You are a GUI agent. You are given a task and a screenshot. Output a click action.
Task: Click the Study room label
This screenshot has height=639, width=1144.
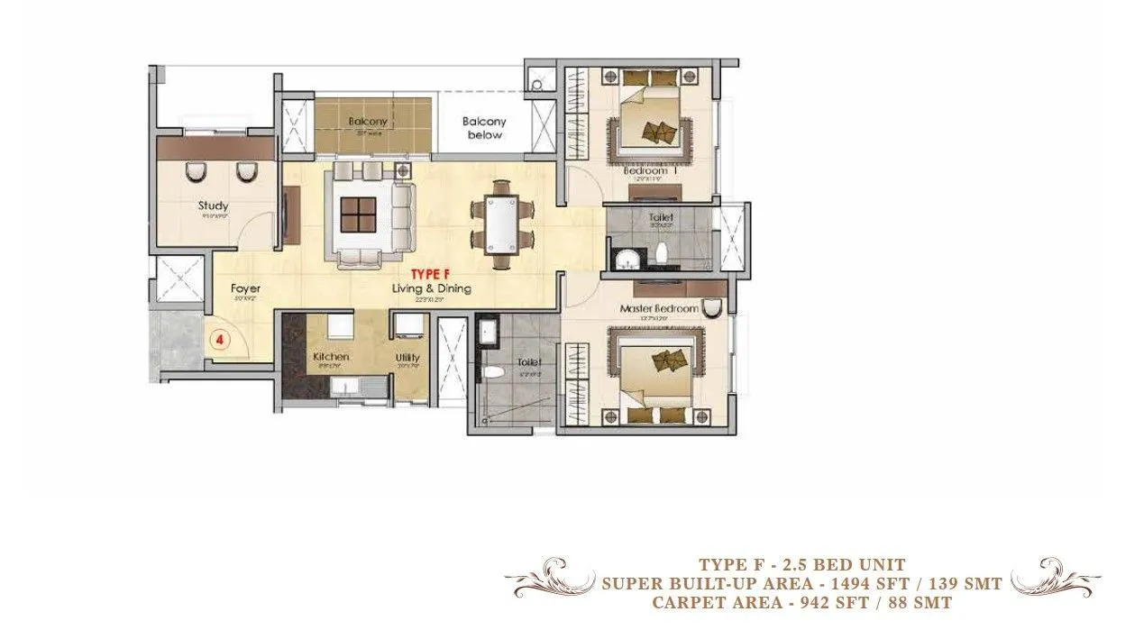point(213,205)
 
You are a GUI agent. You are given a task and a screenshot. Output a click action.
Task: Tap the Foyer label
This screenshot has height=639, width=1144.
point(246,288)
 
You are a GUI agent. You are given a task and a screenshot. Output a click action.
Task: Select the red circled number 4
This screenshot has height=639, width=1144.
point(219,340)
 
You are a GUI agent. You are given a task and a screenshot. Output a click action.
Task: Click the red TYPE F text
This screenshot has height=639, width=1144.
point(431,273)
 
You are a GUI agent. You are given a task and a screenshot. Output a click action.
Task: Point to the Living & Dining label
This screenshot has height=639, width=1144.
point(431,288)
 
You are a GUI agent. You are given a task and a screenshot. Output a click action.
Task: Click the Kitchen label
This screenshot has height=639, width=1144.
point(331,357)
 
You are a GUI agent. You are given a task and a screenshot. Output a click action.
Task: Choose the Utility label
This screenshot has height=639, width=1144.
point(407,358)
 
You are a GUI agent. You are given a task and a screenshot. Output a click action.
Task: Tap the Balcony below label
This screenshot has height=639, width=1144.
point(484,128)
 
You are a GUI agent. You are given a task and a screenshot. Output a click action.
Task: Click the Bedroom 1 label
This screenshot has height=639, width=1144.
point(650,170)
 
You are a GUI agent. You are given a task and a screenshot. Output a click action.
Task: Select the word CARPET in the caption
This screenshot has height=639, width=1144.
point(688,603)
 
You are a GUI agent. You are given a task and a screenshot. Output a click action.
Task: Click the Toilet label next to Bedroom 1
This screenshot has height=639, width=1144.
point(661,217)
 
